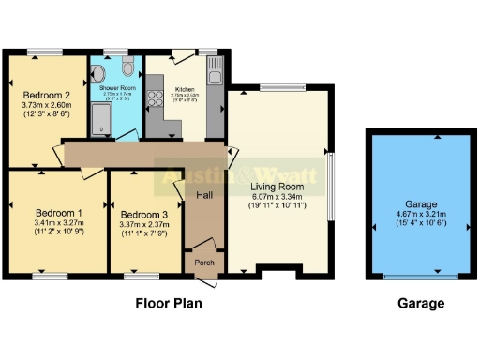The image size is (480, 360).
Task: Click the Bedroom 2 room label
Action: tap(48, 95)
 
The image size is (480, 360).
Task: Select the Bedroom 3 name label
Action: tap(146, 213)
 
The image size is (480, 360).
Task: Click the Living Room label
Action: tap(277, 187)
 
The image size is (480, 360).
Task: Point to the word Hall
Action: tap(205, 194)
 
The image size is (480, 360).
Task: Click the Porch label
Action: tap(204, 263)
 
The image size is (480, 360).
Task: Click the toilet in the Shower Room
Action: tap(128, 67)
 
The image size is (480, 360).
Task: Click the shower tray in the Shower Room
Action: tap(100, 120)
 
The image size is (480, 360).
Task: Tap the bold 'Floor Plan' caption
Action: tap(169, 304)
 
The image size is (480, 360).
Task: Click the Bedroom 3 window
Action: tap(142, 277)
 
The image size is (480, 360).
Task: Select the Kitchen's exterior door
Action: tap(182, 52)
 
